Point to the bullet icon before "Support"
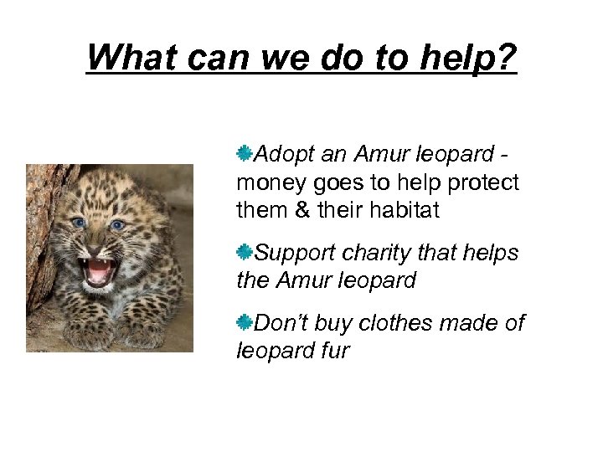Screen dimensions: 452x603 pos(245,251)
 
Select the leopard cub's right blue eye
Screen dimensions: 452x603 pos(118,225)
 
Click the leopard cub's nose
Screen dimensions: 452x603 pos(98,244)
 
